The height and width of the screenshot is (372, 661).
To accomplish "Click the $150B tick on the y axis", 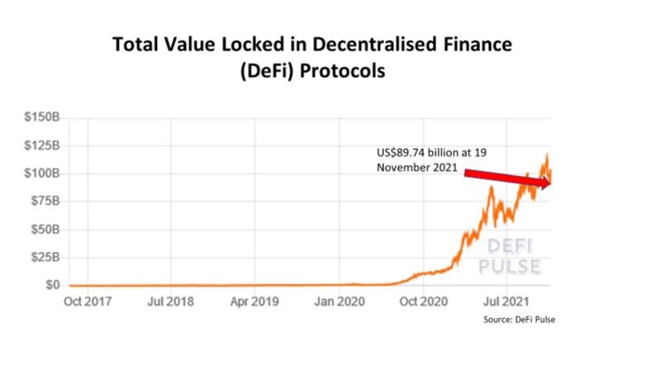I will click(x=43, y=117).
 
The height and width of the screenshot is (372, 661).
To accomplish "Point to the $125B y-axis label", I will click(x=43, y=145).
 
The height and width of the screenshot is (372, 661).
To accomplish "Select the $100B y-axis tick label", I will click(x=43, y=173).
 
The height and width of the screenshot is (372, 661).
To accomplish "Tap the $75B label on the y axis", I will click(x=45, y=201).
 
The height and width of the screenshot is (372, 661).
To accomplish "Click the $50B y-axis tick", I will click(x=45, y=229).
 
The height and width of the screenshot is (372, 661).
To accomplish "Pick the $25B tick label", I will click(x=45, y=257).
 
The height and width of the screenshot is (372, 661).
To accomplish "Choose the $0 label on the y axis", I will click(x=52, y=285).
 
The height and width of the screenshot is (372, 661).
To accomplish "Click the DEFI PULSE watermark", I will click(x=510, y=256).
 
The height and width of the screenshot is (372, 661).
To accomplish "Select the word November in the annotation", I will click(x=402, y=167).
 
